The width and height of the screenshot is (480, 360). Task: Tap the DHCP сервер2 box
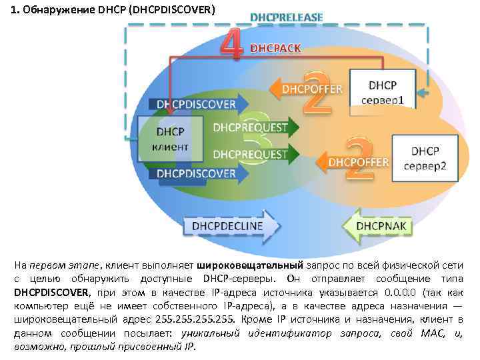424,158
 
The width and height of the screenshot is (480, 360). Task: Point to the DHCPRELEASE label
286,17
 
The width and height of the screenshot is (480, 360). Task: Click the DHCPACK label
275,48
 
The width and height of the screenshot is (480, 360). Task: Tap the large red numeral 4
230,44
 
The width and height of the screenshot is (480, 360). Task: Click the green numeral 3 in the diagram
257,141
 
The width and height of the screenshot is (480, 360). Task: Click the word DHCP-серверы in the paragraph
246,278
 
